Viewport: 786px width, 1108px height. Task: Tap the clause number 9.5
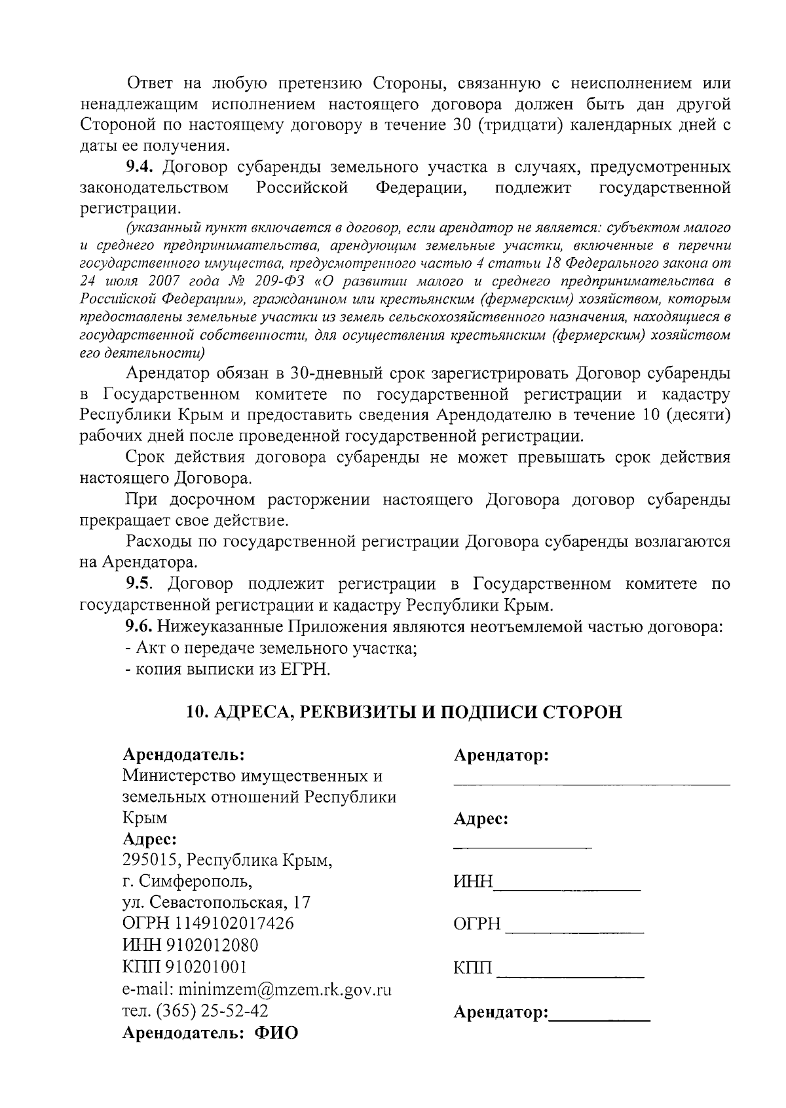[139, 584]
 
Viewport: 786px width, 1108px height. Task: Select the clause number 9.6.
[139, 626]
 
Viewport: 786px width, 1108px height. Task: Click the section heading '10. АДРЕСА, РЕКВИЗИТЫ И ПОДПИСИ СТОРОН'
[404, 711]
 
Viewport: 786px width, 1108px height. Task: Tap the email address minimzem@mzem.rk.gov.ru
[285, 988]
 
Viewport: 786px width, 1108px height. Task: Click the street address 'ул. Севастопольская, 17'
[216, 902]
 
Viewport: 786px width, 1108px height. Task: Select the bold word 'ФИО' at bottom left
[276, 1033]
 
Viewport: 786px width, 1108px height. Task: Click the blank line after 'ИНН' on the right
[567, 888]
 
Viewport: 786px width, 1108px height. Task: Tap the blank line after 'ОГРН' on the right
[575, 931]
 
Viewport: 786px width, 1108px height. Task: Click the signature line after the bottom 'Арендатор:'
[599, 1020]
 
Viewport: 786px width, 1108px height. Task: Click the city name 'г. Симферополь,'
[187, 881]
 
